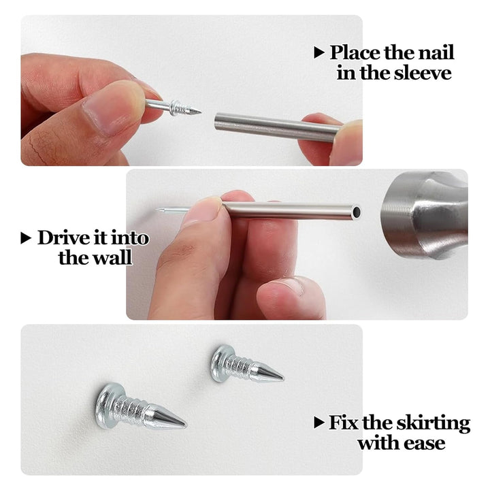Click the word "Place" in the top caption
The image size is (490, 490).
355,52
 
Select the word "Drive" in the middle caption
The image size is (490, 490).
63,238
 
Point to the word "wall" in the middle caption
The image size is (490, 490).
112,258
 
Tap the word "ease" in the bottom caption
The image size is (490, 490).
427,443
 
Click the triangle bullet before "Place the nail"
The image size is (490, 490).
318,52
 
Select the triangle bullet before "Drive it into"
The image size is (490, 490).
26,238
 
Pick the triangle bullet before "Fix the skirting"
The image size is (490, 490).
318,423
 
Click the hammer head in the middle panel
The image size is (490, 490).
425,216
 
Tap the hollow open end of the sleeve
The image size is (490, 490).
356,212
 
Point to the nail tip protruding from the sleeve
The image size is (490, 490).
157,210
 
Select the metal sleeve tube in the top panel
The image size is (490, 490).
278,126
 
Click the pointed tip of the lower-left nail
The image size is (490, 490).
185,425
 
